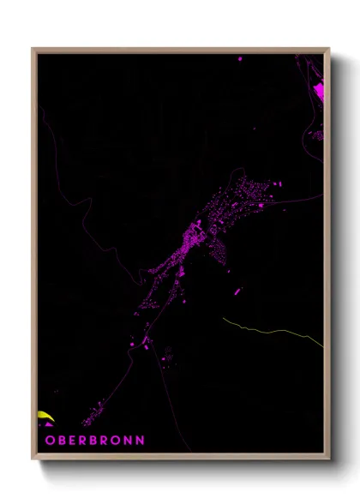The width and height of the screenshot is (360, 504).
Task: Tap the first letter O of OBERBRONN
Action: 49,440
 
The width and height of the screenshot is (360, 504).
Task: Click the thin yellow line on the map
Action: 266,328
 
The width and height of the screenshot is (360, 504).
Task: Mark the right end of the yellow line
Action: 322,345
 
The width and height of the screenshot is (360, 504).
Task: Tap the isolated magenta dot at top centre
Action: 239,59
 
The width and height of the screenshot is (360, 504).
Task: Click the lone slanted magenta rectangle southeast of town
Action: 237,291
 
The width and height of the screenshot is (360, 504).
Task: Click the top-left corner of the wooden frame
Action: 33,49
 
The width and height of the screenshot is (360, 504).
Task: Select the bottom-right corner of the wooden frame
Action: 328,459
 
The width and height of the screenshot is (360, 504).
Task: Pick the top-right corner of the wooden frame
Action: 328,49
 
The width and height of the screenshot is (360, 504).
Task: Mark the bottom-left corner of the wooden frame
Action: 33,459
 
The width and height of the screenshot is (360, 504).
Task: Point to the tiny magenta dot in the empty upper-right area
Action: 254,129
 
